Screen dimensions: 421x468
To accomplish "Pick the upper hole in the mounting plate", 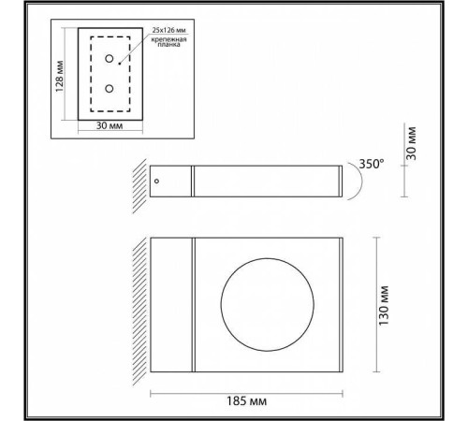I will (x=110, y=59).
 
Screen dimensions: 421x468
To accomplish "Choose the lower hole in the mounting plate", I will (x=110, y=89).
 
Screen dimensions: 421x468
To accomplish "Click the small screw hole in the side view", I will (x=157, y=181).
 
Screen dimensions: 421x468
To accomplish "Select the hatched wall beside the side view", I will (x=139, y=181).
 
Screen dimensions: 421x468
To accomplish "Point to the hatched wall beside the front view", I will (x=139, y=303).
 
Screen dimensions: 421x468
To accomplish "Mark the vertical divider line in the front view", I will (x=194, y=303).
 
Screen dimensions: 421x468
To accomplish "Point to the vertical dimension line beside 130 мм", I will (x=376, y=303).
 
